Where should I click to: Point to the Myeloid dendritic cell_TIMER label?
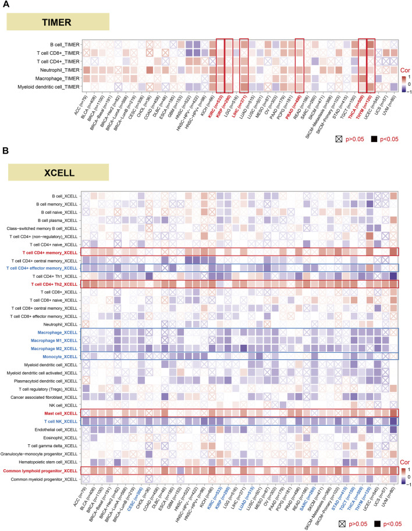click(x=47, y=86)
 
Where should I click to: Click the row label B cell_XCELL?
click(x=61, y=195)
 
